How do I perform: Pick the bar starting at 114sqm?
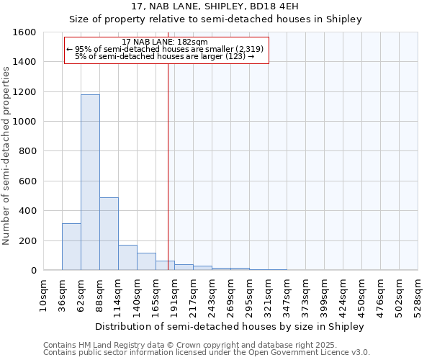coord(127,257)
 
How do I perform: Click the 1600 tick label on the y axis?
coord(24,32)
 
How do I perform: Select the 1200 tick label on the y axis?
coord(24,92)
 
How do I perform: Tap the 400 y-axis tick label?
coord(27,211)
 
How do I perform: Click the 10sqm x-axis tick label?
coord(43,295)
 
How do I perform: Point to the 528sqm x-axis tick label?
coord(418,295)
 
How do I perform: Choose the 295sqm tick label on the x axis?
coord(249,295)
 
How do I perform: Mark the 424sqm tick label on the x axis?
coord(343,295)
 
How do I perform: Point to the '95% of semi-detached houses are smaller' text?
coord(165,49)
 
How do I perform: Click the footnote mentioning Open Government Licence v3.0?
coord(207,352)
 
